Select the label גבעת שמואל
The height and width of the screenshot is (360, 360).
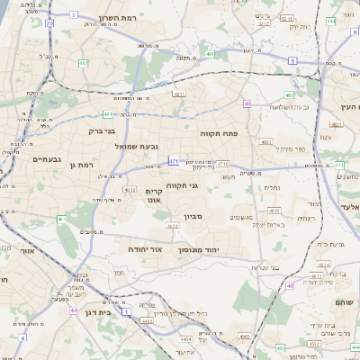(x=136, y=145)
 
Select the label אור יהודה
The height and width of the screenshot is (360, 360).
(x=143, y=247)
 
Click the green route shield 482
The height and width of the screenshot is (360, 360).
(x=83, y=64)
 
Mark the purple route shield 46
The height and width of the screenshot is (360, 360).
(x=291, y=286)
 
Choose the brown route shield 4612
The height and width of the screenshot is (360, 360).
(x=129, y=190)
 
